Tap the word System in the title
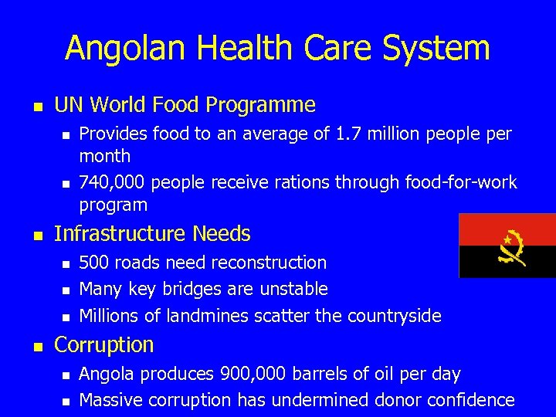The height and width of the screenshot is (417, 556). pos(442,48)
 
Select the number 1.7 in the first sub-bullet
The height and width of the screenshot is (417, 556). pos(347,134)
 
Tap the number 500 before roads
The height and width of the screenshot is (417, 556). pos(94,263)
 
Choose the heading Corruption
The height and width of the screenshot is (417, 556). pos(104,344)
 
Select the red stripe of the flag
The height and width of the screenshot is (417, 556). pos(479,229)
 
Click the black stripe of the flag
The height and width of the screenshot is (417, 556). pos(479,263)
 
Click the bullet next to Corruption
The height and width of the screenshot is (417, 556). pos(39,346)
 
